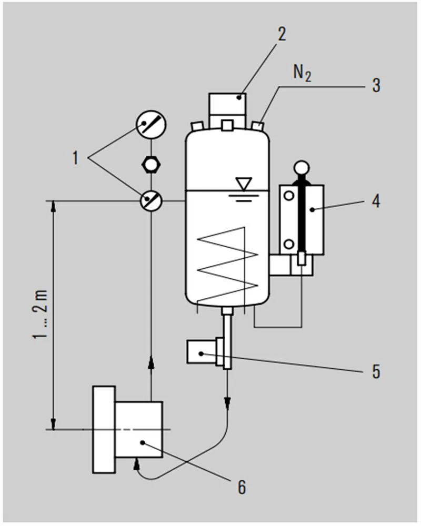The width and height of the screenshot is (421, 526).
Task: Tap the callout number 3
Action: (x=376, y=84)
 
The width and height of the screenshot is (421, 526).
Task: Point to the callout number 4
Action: (x=376, y=200)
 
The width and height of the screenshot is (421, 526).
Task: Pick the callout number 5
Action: (x=376, y=371)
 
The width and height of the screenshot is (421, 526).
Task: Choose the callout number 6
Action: (x=241, y=487)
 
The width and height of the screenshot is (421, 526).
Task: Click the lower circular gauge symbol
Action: (x=151, y=200)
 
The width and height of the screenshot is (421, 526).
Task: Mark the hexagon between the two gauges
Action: (x=151, y=164)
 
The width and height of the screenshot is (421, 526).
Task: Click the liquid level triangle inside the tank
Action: (x=243, y=185)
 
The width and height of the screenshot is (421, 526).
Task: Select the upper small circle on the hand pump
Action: (x=288, y=196)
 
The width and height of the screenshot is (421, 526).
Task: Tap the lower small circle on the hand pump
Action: (x=288, y=244)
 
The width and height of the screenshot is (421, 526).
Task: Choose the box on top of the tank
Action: (x=228, y=106)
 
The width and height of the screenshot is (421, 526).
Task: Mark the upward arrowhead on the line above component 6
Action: (x=151, y=362)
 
